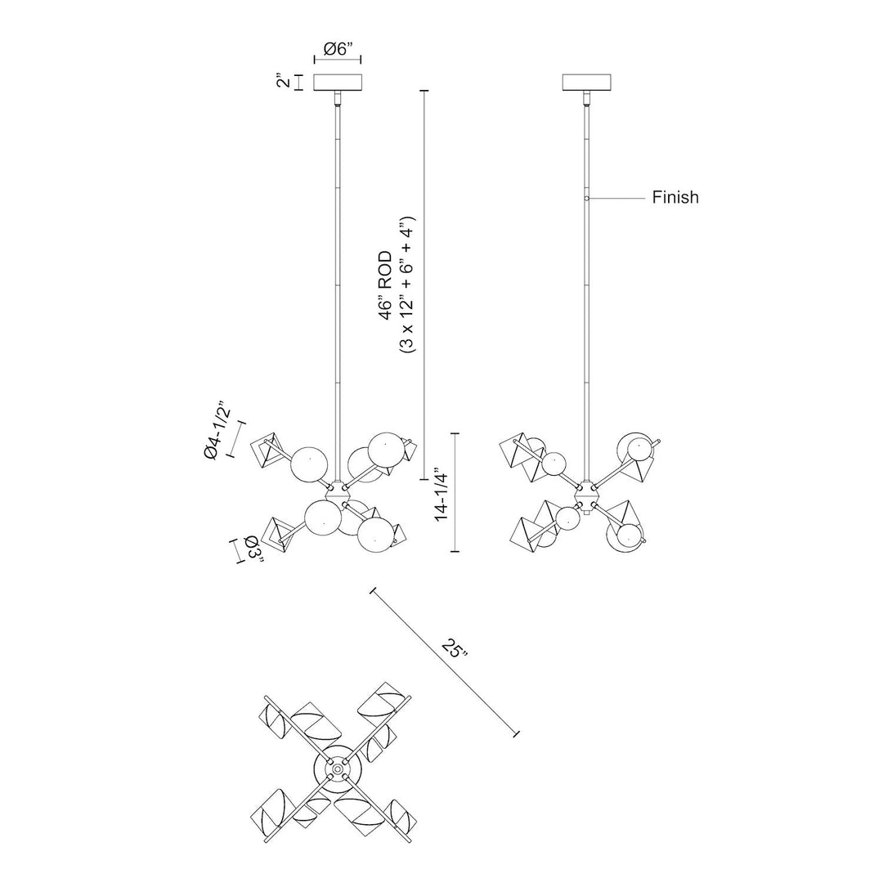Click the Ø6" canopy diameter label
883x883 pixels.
[x=338, y=49]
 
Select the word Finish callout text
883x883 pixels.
[x=675, y=197]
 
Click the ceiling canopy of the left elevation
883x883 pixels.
[x=338, y=83]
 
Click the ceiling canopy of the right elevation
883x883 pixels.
[x=587, y=83]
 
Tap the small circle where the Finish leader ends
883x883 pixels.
[x=587, y=198]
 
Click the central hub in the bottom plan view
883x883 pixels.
[x=335, y=769]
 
